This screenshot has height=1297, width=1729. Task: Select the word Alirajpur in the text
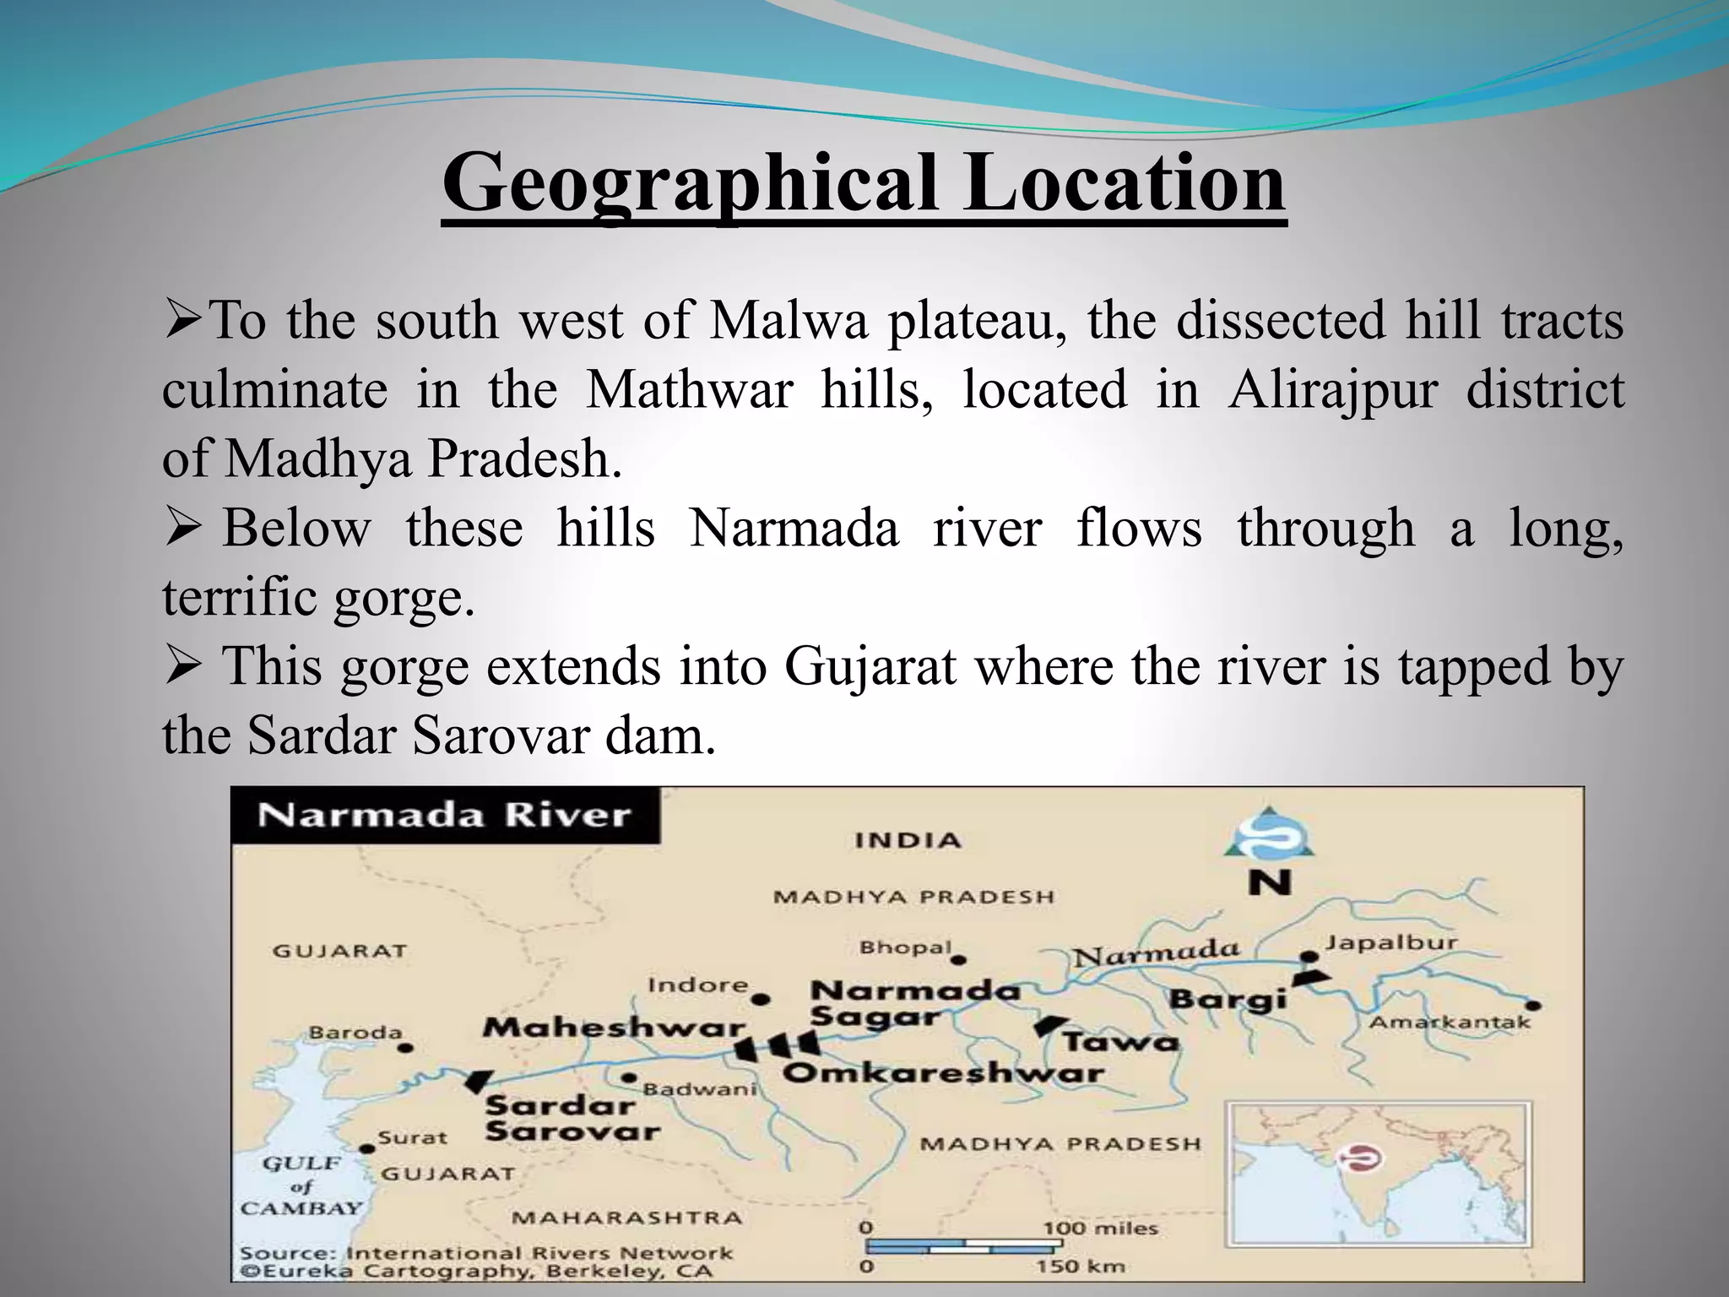coord(1331,390)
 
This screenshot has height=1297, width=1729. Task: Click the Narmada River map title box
coord(445,816)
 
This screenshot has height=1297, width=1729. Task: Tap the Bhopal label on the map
coord(905,948)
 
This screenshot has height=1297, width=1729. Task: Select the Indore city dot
coord(761,1000)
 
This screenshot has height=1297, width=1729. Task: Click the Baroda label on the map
coord(355,1033)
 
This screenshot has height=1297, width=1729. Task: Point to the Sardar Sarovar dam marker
coord(479,1081)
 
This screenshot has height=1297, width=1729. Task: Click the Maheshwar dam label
coord(614,1028)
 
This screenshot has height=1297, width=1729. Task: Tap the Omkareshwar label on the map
coord(943,1074)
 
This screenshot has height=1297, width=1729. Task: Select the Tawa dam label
coord(1119,1042)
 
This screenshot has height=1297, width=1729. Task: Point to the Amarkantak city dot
coord(1535,1006)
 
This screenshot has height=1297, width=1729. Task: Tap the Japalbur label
coord(1390,942)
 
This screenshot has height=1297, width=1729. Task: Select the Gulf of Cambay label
coord(301,1186)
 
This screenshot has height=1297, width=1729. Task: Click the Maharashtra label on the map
coord(626,1218)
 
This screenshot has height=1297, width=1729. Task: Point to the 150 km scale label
coord(1081,1266)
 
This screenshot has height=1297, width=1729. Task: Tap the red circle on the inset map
coord(1358,1158)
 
